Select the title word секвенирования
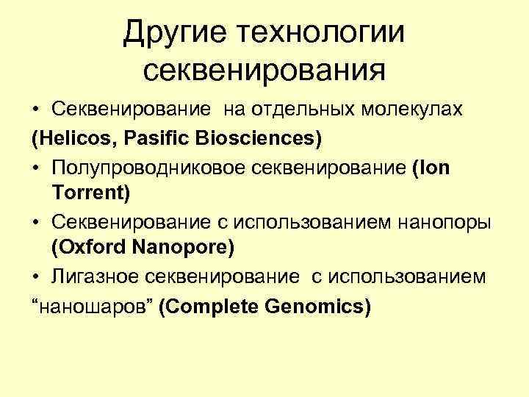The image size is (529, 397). click(x=264, y=71)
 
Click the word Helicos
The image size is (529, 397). click(x=68, y=137)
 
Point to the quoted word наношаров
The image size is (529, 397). click(x=92, y=304)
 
